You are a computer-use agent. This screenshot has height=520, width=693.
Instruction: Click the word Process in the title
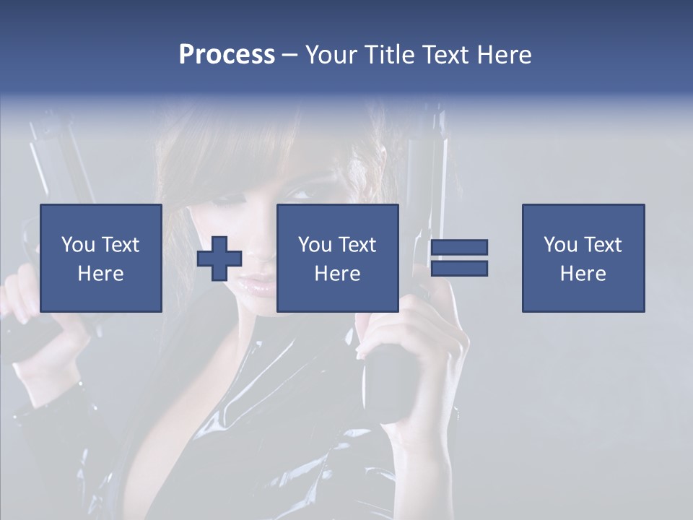(x=227, y=55)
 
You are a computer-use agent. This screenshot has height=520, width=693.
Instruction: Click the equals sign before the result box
(x=459, y=258)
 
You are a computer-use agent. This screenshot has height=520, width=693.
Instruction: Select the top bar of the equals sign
(x=459, y=248)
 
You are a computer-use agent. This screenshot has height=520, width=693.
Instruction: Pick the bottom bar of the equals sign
(x=459, y=268)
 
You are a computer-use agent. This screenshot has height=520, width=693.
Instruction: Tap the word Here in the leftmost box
(x=101, y=274)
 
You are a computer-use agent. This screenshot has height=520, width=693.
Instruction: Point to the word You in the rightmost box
(x=560, y=245)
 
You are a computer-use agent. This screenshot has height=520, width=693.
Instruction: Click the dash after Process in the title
(x=289, y=55)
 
